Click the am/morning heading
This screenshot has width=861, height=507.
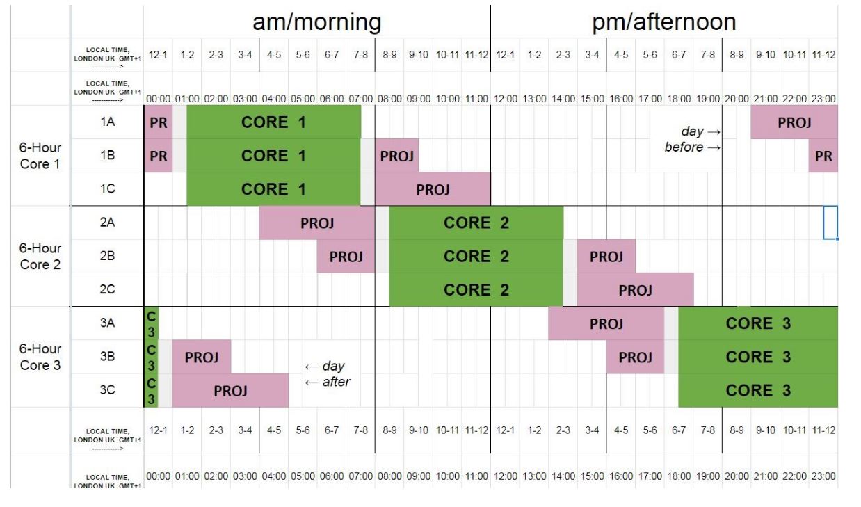316,22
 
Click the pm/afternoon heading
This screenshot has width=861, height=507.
663,22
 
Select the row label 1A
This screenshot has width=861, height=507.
107,122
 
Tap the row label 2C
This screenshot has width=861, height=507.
107,289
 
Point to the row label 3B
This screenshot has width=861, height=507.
107,357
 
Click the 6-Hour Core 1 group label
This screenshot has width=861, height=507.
40,156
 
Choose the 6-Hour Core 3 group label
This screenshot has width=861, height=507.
40,357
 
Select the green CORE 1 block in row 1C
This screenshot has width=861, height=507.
273,189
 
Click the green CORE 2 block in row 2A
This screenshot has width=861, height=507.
476,223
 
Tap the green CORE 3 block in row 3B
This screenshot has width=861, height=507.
758,357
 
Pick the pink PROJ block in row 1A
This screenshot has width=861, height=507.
794,122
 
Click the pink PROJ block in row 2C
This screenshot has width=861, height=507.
635,289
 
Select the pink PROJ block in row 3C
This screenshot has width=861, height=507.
230,390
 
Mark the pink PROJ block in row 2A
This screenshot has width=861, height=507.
317,223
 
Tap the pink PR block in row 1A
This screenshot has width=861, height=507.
158,122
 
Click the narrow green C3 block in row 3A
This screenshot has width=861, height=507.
151,323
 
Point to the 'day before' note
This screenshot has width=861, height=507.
693,139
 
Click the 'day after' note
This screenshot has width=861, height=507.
325,373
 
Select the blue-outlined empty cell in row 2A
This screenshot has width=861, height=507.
830,223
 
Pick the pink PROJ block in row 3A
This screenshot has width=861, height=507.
606,323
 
